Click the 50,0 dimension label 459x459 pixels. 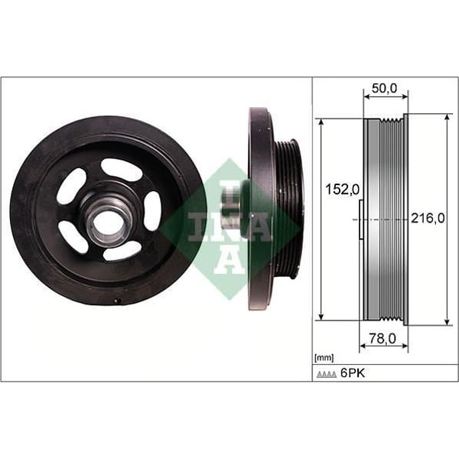point(384,90)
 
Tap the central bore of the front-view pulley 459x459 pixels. point(106,223)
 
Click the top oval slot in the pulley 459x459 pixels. point(122,169)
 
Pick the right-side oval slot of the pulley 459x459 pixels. point(153,210)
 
